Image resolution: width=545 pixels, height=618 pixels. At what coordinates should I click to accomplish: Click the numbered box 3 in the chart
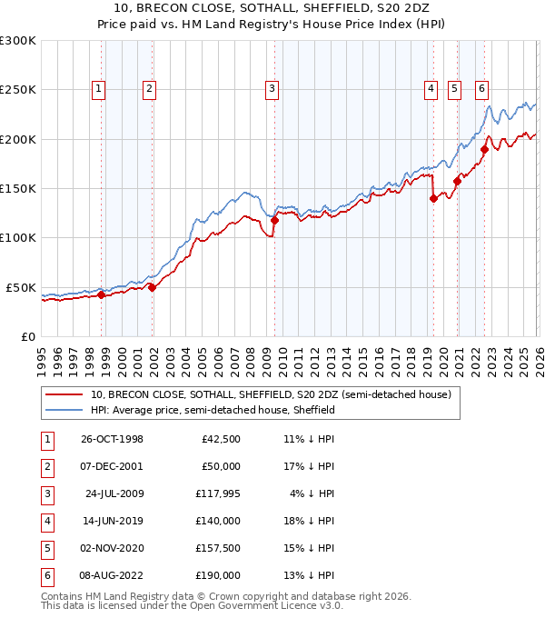point(272,89)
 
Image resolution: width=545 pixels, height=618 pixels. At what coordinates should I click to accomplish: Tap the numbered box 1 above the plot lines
point(97,89)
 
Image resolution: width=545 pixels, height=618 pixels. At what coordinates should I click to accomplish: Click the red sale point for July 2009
point(274,220)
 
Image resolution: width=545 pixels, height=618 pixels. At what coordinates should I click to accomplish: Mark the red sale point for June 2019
point(433,199)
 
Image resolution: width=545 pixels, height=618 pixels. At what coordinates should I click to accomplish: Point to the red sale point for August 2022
point(484,150)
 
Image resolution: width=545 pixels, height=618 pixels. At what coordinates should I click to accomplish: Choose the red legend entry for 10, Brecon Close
point(271,394)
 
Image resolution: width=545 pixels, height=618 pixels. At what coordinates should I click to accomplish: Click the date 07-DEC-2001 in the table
point(112,468)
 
